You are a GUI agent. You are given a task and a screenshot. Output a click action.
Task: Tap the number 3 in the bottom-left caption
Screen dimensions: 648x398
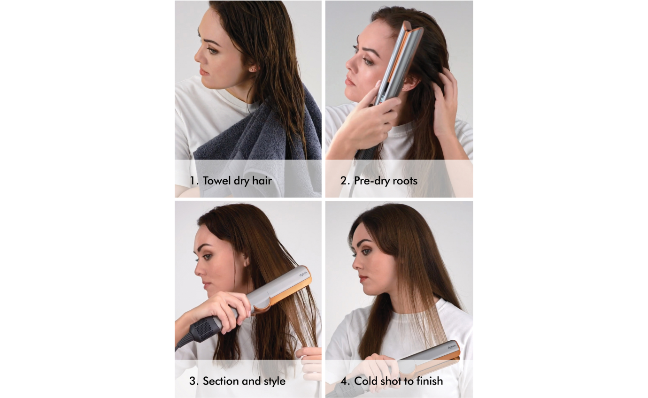(x=193, y=381)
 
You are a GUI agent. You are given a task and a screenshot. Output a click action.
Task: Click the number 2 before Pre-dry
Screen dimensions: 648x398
(x=344, y=181)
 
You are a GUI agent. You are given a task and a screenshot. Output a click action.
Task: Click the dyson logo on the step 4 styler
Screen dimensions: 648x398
(x=452, y=347)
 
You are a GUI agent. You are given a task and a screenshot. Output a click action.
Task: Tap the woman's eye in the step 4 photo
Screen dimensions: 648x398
(x=366, y=252)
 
